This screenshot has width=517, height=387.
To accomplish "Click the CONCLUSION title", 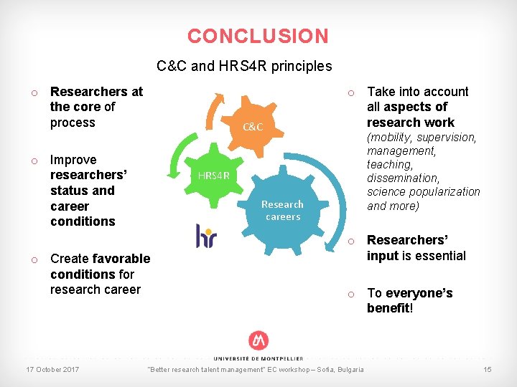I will point(258,36).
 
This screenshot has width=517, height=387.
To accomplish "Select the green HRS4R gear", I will point(213,176).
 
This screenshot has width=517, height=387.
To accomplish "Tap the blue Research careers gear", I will point(282,209).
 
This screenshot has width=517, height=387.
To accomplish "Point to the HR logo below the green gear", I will point(206,235).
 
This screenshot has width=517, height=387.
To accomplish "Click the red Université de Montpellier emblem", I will point(258,341).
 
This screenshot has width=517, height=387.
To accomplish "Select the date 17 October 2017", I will point(52,370).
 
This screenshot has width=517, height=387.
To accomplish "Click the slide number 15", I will point(487,370).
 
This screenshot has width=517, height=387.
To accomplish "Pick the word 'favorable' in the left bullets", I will point(121,259).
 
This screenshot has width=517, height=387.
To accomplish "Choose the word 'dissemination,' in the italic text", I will point(402,178).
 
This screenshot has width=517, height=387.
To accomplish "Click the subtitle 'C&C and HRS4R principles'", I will point(244,67).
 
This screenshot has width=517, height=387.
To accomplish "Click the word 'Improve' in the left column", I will point(73,160).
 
